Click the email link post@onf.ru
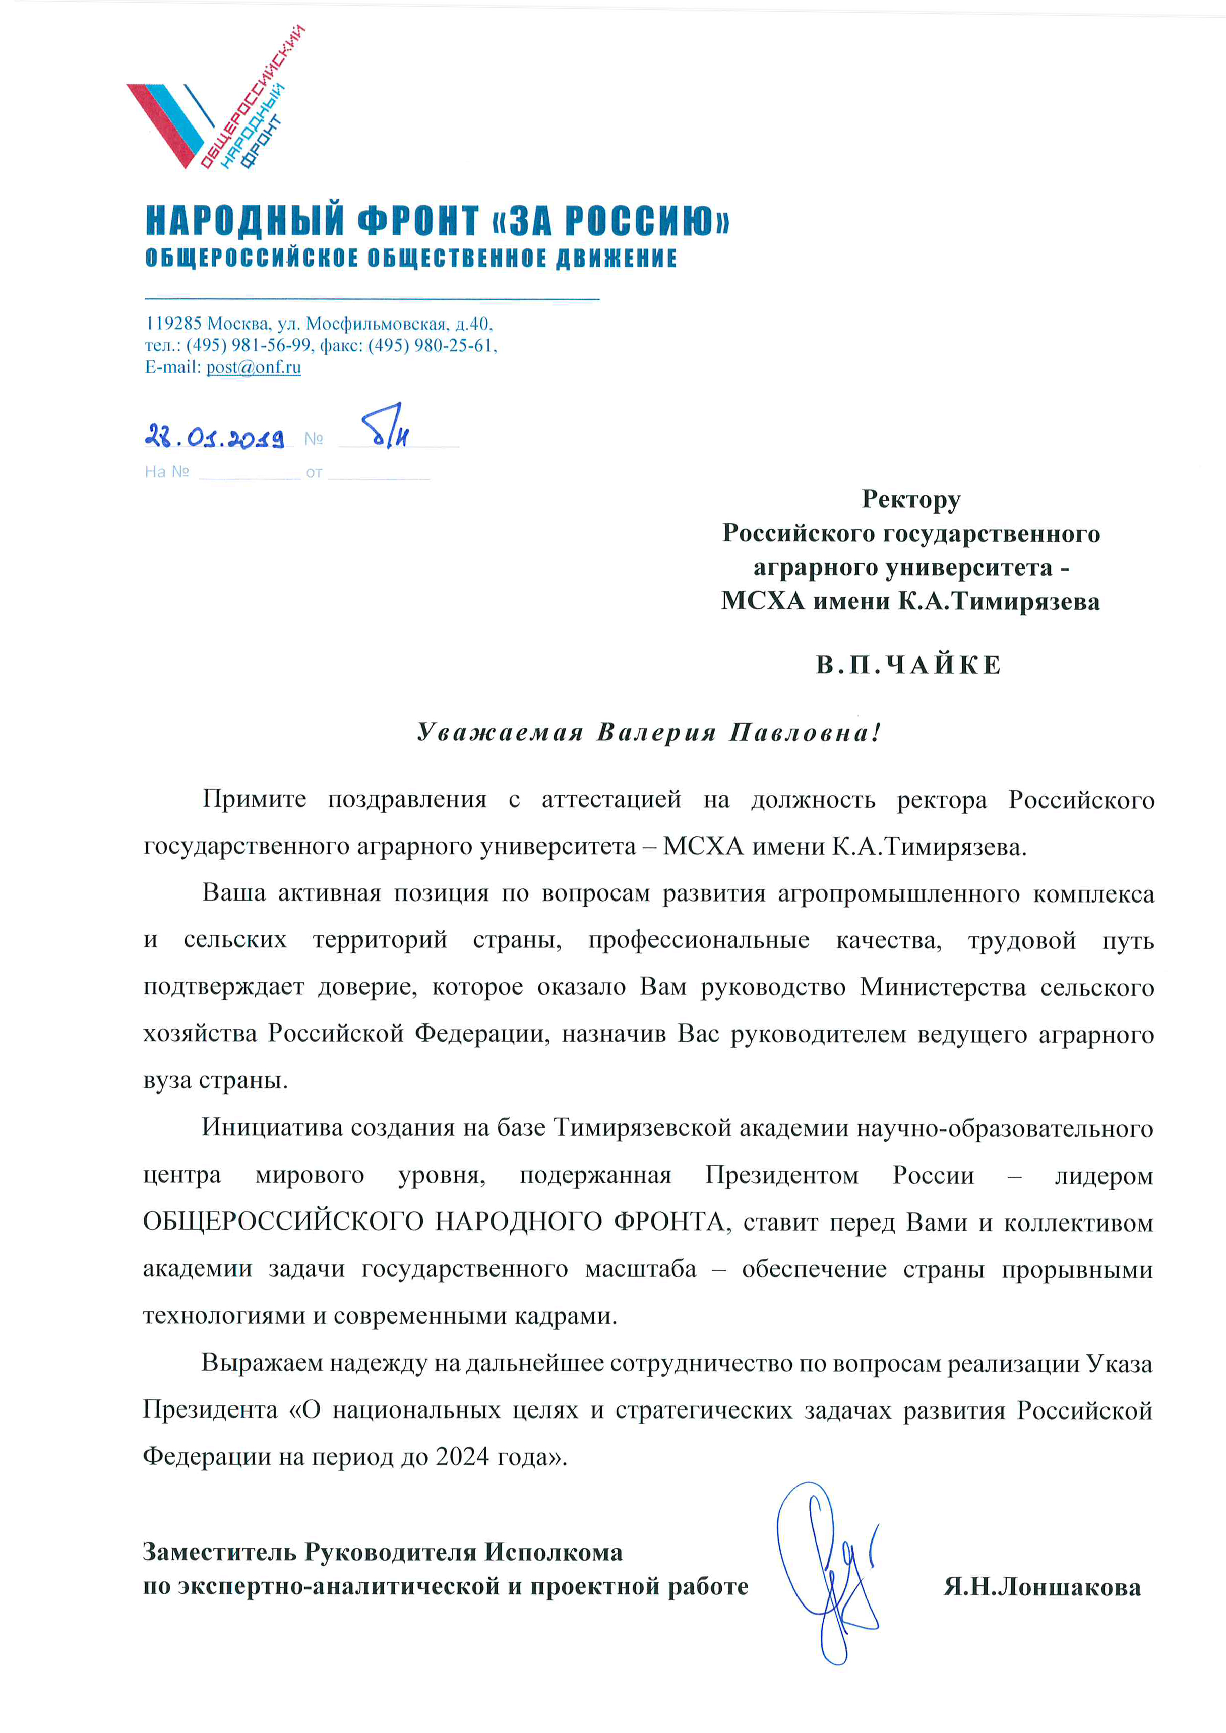(254, 367)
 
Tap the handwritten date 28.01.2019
(214, 436)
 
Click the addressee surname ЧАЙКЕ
(944, 665)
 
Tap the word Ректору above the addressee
(911, 500)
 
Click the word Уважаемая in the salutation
(500, 732)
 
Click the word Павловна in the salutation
(804, 732)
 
